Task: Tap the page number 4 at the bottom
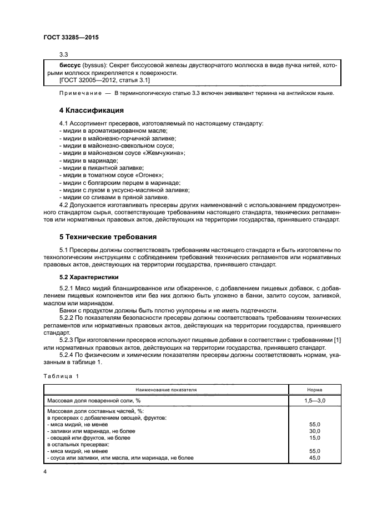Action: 45,471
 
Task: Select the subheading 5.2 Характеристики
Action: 92,276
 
